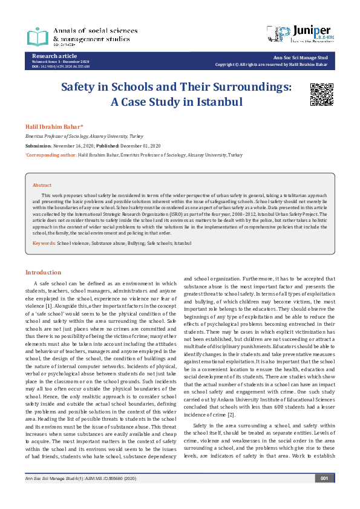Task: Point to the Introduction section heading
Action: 43,273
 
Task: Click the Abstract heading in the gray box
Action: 42,185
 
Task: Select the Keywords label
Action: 44,242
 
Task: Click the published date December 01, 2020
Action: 140,146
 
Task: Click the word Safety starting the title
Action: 83,86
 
